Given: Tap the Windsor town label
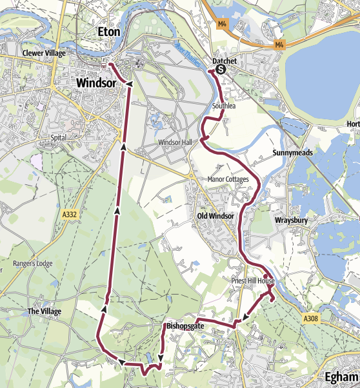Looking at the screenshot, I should [x=96, y=83].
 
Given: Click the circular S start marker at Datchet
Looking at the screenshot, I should [x=221, y=69].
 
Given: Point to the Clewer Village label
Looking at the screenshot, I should [x=44, y=53].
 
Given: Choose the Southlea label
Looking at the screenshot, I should [x=223, y=106].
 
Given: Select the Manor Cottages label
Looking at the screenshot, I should [x=228, y=179].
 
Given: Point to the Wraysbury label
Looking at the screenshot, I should [x=294, y=220].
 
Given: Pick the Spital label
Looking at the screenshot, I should [x=59, y=138].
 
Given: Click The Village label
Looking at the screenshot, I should [x=44, y=311].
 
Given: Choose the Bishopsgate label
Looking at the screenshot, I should [x=185, y=327].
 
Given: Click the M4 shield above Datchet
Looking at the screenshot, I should [x=223, y=24].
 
